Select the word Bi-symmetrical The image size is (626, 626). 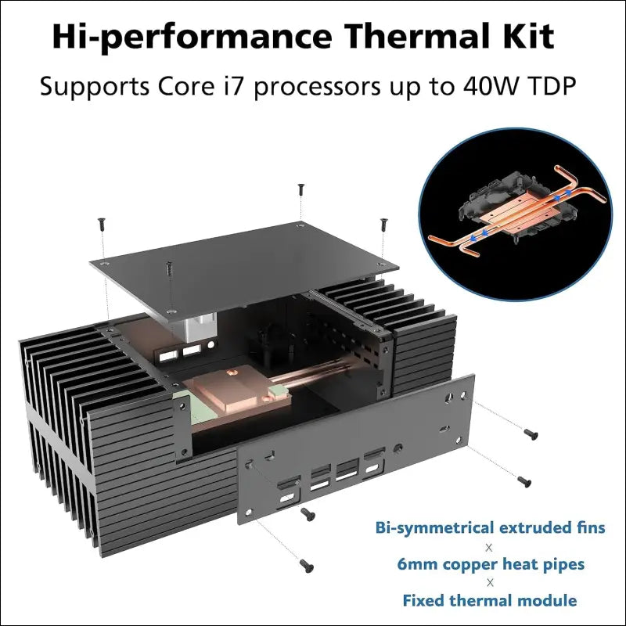(434, 528)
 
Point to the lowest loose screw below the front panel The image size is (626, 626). (307, 565)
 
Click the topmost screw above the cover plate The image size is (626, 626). (301, 189)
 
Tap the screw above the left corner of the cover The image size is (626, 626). (103, 224)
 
